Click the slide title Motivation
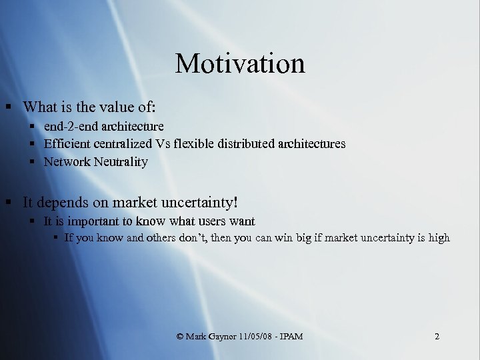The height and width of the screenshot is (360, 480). click(x=240, y=64)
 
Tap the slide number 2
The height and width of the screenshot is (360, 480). click(x=437, y=337)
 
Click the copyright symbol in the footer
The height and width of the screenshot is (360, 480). click(x=180, y=337)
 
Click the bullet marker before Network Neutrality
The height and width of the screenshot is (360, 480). click(x=33, y=161)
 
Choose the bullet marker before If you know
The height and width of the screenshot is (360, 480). click(x=56, y=238)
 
